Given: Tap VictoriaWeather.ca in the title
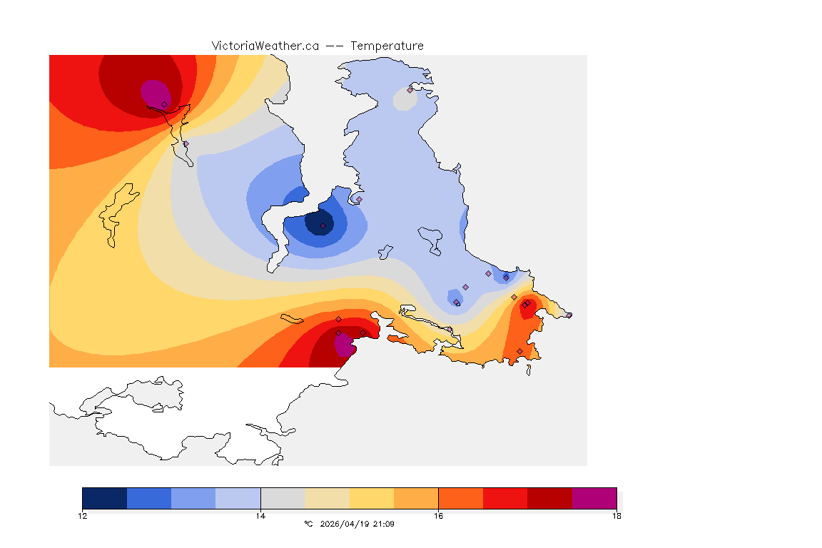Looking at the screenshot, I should (x=265, y=46).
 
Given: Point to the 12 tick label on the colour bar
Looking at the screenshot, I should (x=82, y=516).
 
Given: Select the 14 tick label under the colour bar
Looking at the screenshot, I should (x=260, y=516).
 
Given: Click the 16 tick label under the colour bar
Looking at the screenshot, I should (x=438, y=516).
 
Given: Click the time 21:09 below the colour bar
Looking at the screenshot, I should (x=383, y=524).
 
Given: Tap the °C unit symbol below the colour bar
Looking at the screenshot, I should (x=308, y=524).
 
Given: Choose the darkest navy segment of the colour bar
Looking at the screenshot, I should (x=104, y=498).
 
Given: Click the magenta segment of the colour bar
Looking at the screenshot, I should (x=594, y=498).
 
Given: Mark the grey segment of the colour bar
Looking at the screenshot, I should (x=283, y=498).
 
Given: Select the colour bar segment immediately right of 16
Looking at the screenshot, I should (x=460, y=498).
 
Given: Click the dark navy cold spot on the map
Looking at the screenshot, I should (x=318, y=221).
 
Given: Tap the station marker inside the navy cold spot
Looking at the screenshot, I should (x=323, y=226).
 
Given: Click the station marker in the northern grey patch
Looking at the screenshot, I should (x=410, y=90).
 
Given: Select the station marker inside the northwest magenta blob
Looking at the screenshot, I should (x=164, y=104).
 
